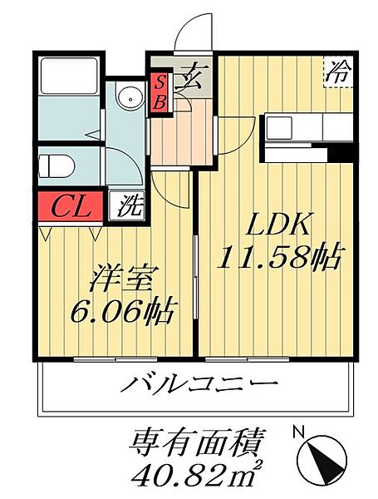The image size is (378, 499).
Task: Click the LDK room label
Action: tap(277, 225)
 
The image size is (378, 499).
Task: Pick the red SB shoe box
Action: tap(160, 91)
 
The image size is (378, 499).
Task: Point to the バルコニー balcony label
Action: tap(200, 386)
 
